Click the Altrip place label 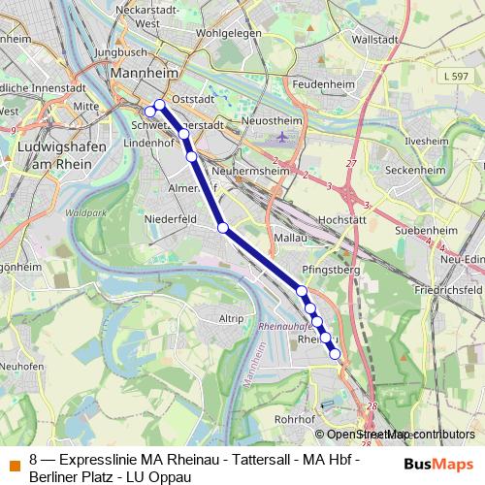click(231, 318)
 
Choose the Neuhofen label click(21, 367)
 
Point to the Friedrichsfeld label click(446, 290)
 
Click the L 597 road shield click(452, 76)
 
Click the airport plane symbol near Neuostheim click(281, 139)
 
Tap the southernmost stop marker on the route click(336, 355)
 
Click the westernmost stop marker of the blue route click(149, 112)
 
